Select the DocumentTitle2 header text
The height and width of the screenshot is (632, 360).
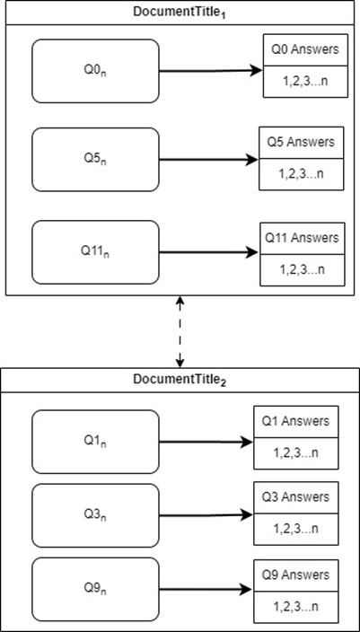tap(180, 380)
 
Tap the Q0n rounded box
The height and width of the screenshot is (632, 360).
tap(95, 71)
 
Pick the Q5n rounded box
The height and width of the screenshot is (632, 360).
tap(95, 160)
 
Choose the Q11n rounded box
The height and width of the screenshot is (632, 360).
tap(95, 252)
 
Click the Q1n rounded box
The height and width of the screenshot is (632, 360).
tap(95, 442)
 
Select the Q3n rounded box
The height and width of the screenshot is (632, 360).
tap(95, 515)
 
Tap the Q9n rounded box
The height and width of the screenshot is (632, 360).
tap(95, 589)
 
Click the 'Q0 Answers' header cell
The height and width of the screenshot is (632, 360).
tap(305, 50)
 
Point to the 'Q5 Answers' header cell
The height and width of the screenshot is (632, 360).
tap(301, 143)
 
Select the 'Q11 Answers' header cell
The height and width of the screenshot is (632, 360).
tap(303, 239)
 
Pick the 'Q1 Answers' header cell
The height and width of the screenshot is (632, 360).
tap(296, 422)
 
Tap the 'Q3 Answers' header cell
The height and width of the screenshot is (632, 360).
tap(296, 497)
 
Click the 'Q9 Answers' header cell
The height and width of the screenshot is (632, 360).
tap(296, 575)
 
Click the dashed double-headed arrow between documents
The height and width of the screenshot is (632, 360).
tap(180, 332)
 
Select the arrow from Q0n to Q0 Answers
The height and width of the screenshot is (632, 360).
tap(211, 71)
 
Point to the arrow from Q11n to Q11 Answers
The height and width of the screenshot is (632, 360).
tap(210, 253)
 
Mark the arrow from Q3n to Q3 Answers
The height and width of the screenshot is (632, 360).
tap(206, 515)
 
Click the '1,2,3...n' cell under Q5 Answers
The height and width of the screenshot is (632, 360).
tap(301, 174)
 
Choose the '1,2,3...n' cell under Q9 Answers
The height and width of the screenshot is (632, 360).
tap(296, 606)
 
